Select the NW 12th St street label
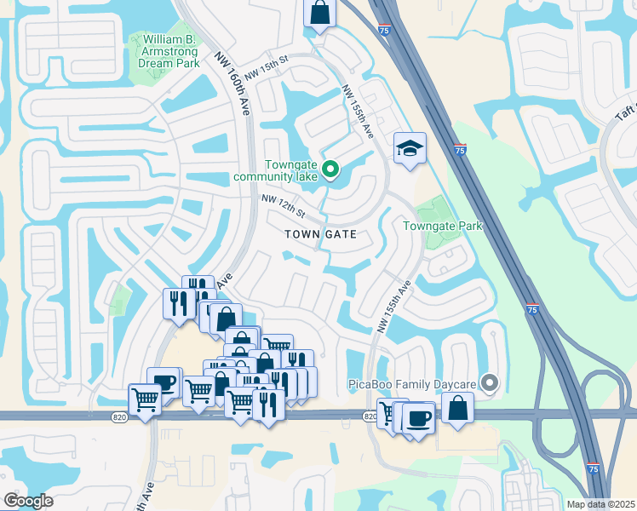click(283, 204)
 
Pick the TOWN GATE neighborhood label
click(319, 234)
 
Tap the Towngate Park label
click(443, 226)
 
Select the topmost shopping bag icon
click(319, 14)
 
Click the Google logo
click(28, 501)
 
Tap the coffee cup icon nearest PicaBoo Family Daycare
click(418, 418)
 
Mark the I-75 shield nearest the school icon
click(460, 150)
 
